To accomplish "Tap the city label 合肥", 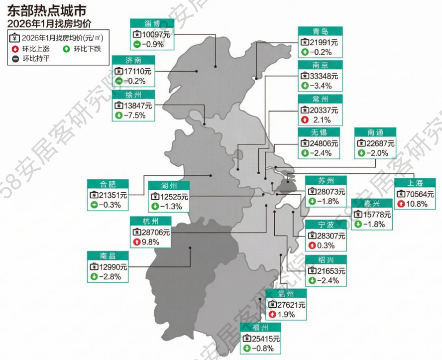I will (108, 184).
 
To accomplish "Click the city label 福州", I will (260, 328).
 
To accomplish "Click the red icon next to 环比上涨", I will (15, 49).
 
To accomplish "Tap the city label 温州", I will (286, 294).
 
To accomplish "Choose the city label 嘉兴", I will (371, 203).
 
